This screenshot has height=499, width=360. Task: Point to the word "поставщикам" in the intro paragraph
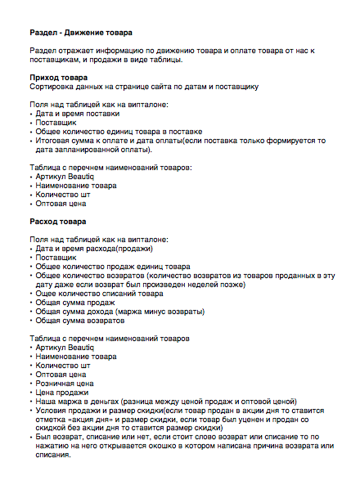point(58,60)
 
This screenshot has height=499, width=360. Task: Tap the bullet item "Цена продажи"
point(61,392)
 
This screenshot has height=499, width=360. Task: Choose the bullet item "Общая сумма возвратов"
point(79,321)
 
